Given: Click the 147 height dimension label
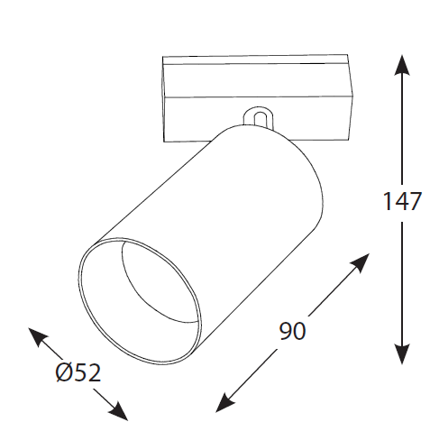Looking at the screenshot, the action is click(402, 201).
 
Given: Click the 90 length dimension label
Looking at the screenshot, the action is click(292, 331).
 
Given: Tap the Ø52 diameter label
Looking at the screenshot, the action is click(78, 372).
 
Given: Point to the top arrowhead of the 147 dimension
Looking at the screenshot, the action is click(402, 65).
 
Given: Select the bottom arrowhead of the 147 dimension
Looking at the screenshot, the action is click(402, 354).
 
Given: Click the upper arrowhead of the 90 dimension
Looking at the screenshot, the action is click(360, 262).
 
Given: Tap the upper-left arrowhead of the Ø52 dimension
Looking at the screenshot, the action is click(37, 336).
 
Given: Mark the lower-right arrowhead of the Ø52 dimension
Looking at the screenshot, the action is click(119, 411).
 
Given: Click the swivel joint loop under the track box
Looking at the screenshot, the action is click(259, 118).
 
